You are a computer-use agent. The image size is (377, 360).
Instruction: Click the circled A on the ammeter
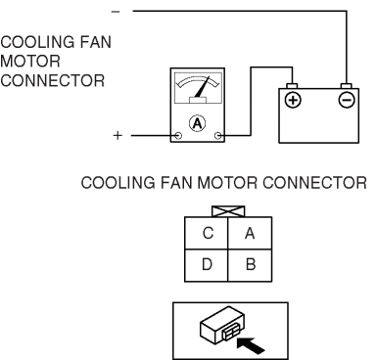coord(197,123)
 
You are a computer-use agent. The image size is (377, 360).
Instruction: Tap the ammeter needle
coord(202,87)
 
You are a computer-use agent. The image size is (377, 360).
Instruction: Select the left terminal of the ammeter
coord(178,135)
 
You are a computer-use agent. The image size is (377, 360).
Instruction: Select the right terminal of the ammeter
coord(218,135)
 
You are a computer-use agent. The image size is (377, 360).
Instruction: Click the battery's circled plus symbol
coord(293,100)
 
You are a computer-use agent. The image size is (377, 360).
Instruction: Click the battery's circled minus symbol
coord(347,100)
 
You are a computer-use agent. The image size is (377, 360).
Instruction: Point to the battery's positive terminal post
coord(292,86)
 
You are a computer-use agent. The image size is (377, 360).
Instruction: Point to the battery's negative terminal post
coord(346,86)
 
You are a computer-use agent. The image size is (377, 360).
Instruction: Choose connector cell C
coord(207,233)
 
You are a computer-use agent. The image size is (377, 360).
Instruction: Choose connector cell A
coord(250,233)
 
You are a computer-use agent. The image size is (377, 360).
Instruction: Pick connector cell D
coord(207,265)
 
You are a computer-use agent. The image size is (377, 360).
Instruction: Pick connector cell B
coord(250,265)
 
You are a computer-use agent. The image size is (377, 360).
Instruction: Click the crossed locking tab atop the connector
coord(228,211)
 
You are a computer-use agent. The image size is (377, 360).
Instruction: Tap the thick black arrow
coord(250,345)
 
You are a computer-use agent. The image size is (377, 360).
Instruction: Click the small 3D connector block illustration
coord(222,325)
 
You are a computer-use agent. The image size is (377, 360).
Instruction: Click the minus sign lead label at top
coord(116,12)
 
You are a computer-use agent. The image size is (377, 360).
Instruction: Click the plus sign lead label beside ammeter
coord(118,135)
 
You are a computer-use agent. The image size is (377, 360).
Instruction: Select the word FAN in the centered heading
coord(176,183)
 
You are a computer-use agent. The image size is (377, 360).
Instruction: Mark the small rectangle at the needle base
coord(198,101)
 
